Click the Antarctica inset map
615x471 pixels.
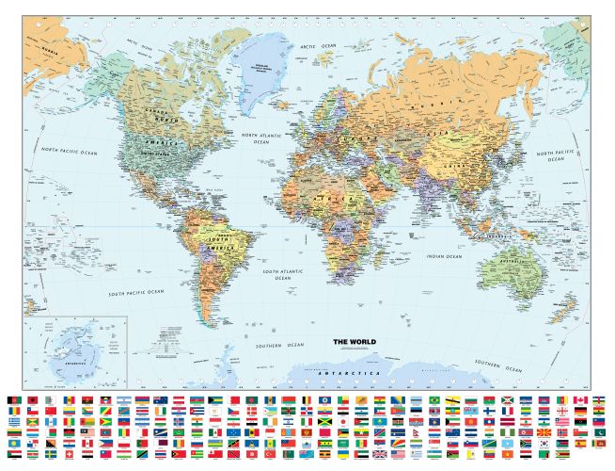75,350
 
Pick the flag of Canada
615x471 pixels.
580,399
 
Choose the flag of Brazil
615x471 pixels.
434,399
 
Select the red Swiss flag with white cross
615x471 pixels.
70,453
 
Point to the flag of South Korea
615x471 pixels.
543,443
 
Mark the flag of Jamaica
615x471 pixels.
324,421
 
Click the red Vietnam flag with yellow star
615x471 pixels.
506,453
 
